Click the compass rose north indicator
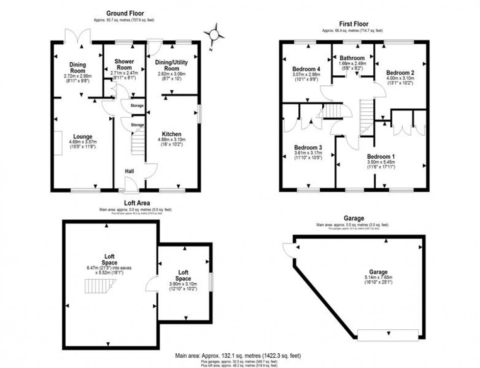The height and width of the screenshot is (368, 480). (x=214, y=35)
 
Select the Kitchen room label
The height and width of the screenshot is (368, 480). (x=172, y=134)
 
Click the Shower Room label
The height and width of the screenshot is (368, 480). (x=124, y=64)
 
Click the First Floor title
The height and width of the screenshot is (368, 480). (x=354, y=24)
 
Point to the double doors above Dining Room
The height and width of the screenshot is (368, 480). (x=78, y=35)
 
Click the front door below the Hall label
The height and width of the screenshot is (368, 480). (x=130, y=186)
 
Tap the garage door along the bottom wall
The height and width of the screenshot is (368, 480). (x=388, y=335)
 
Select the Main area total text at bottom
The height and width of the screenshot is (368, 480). (x=238, y=355)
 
